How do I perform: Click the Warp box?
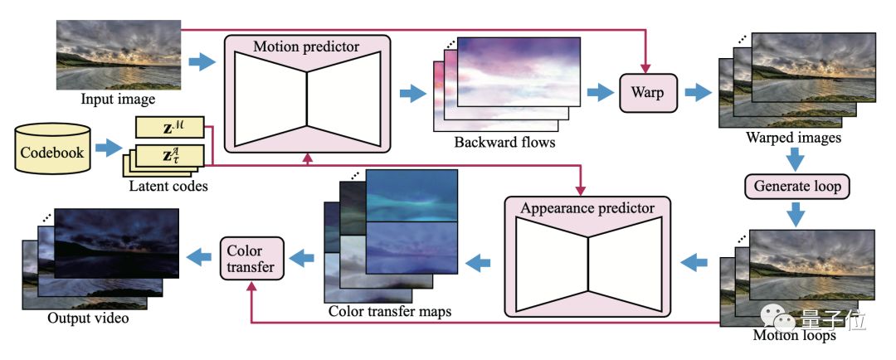(x=648, y=93)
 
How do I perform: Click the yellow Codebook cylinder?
(x=51, y=150)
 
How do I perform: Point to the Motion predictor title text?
(x=307, y=46)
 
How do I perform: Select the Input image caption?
(x=118, y=100)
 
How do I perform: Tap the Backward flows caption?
(x=504, y=142)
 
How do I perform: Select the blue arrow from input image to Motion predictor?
(x=202, y=62)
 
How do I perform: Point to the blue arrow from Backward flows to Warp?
(x=599, y=93)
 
